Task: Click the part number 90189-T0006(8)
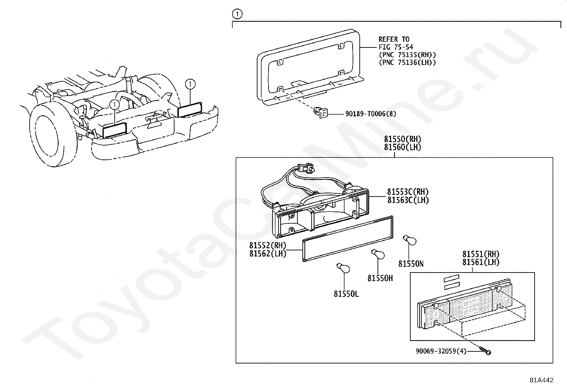(370, 114)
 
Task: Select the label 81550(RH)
(402, 139)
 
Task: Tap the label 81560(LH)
(402, 147)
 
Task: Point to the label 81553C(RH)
(408, 192)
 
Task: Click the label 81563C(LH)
(408, 200)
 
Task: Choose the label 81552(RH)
(268, 246)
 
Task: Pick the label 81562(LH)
(268, 254)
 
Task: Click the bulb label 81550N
(411, 264)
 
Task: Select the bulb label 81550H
(380, 278)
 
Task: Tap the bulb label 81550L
(347, 294)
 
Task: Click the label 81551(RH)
(481, 254)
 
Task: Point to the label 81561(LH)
(481, 262)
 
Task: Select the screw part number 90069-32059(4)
(441, 351)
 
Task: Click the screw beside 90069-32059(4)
(485, 351)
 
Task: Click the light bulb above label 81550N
(409, 241)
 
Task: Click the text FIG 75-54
(396, 47)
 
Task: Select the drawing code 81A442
(541, 380)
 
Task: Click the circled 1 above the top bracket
(237, 14)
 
